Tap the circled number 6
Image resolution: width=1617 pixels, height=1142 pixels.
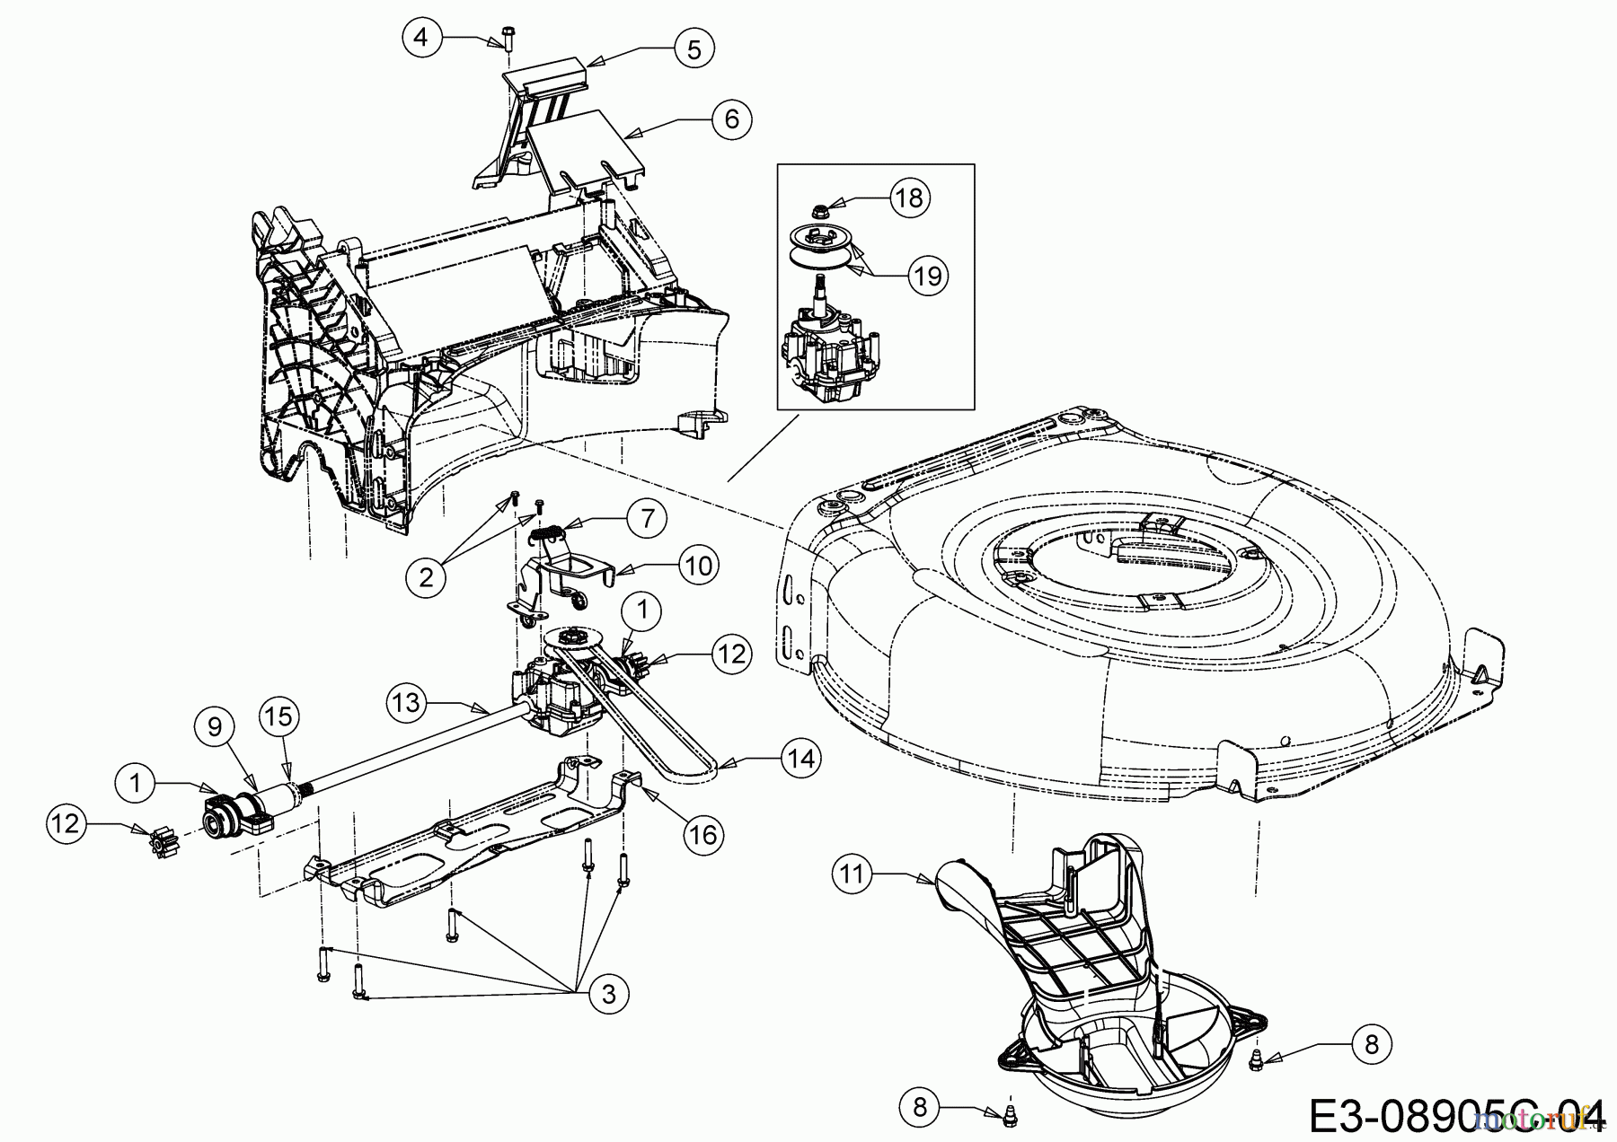pyautogui.click(x=731, y=118)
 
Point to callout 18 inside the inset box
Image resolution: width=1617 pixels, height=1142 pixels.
pyautogui.click(x=910, y=197)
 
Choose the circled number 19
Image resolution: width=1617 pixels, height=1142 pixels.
pyautogui.click(x=929, y=275)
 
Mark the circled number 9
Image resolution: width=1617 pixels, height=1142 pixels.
pyautogui.click(x=215, y=725)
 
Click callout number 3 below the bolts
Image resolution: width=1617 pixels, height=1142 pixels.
pyautogui.click(x=609, y=994)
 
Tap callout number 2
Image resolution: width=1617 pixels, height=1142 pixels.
pyautogui.click(x=426, y=576)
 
